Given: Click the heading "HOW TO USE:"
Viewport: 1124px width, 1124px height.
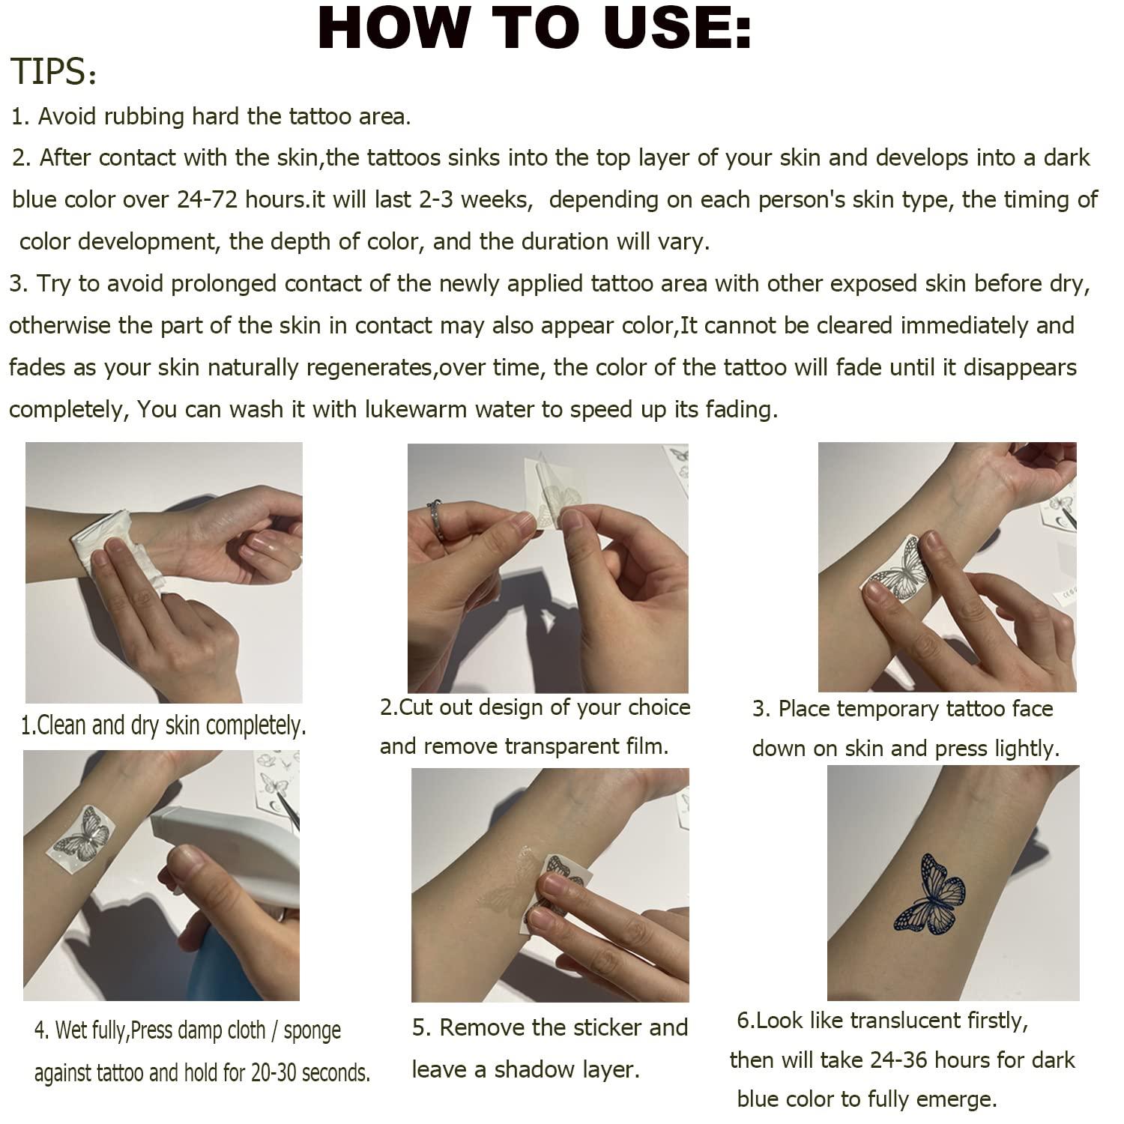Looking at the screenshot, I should tap(534, 28).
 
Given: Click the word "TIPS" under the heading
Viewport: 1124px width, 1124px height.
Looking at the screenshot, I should tap(49, 73).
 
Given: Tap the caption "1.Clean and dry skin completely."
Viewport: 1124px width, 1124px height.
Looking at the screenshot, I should tap(163, 725).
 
